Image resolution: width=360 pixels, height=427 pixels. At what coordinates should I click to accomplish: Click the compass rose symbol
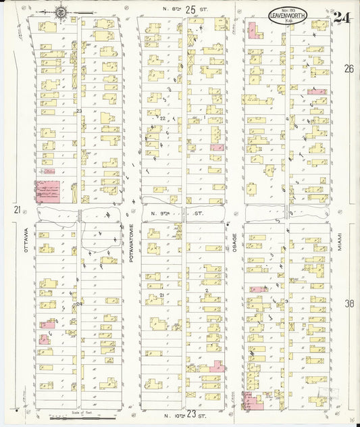(61, 11)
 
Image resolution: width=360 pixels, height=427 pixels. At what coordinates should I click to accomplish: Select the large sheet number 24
(342, 18)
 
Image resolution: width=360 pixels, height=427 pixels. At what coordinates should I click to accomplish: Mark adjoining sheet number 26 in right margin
(349, 69)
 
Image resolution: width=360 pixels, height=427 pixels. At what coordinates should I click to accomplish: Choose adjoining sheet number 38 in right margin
(349, 304)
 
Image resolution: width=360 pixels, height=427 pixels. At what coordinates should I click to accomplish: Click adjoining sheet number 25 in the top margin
(191, 9)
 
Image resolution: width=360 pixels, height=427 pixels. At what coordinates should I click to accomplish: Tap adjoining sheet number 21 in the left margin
(16, 210)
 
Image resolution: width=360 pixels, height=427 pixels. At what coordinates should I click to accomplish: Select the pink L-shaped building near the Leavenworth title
(254, 30)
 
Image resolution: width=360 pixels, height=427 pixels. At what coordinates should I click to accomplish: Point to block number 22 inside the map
(162, 118)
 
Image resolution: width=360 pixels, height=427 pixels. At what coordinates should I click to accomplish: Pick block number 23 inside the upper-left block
(79, 111)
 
